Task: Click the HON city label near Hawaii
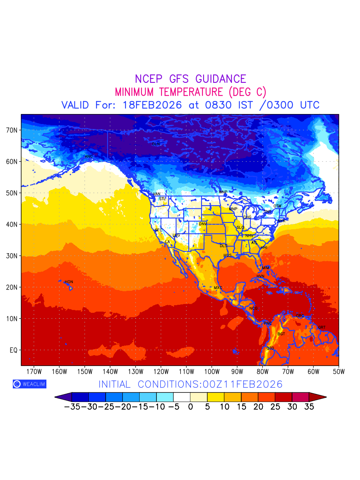(69, 282)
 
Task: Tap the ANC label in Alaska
(89, 156)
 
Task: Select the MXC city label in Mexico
(218, 288)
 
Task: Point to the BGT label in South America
(281, 334)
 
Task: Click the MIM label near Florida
(266, 268)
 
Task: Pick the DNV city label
(203, 224)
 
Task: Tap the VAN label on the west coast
(156, 194)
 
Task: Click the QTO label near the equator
(270, 348)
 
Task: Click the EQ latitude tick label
(14, 350)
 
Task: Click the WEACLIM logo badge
(29, 384)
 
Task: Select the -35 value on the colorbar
(72, 408)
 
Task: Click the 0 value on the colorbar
(190, 408)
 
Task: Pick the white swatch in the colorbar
(182, 397)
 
